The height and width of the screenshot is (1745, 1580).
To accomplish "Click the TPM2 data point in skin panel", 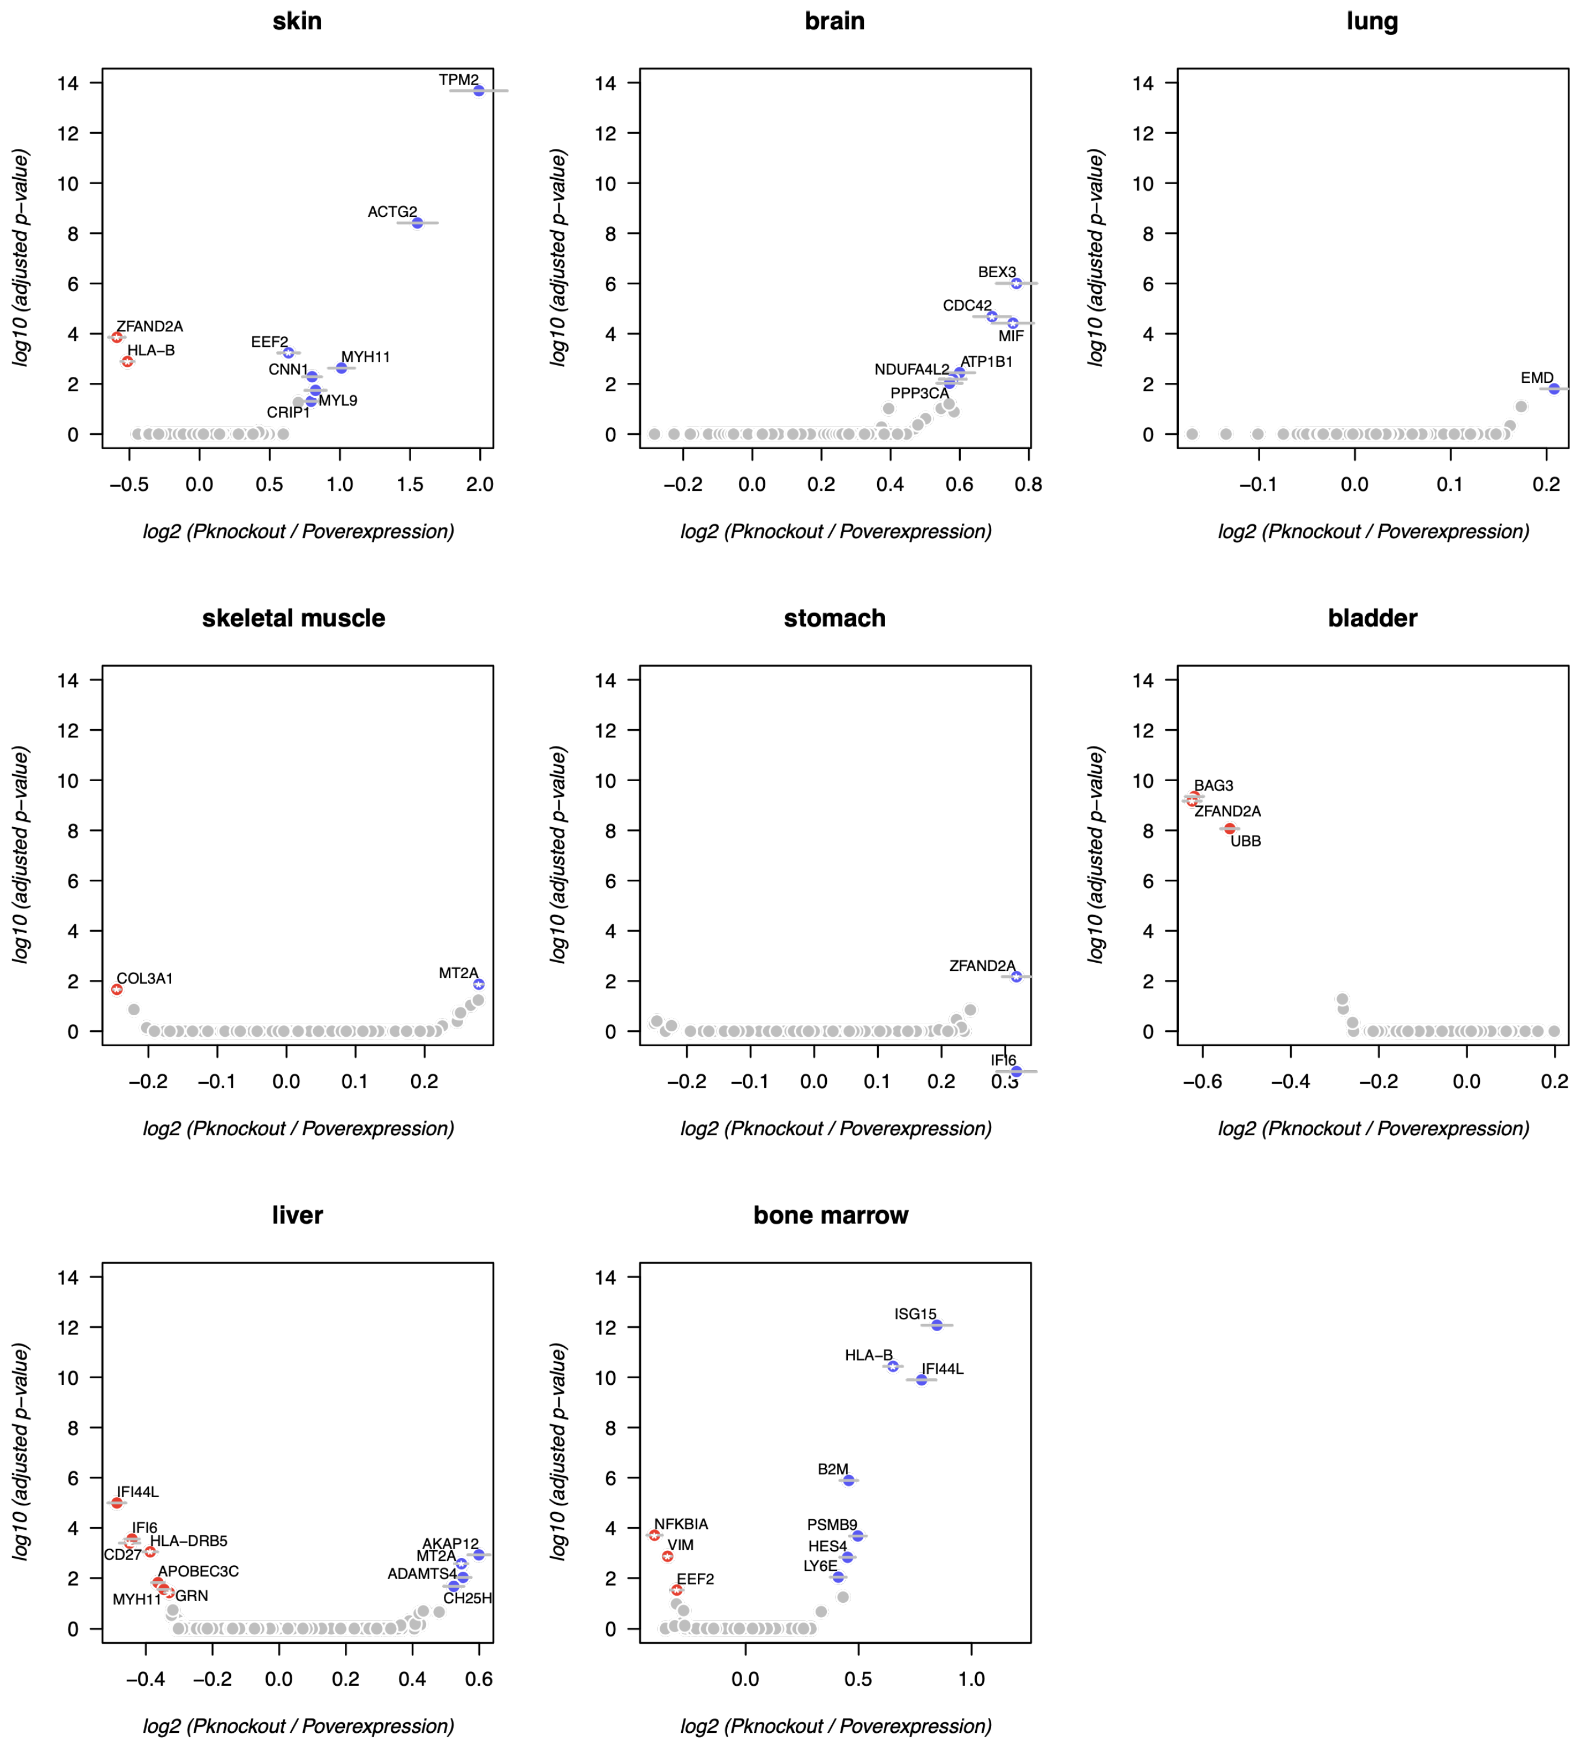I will pyautogui.click(x=479, y=90).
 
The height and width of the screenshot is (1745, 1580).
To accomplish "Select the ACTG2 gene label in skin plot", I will pyautogui.click(x=392, y=211).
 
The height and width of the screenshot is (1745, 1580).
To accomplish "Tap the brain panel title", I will pyautogui.click(x=834, y=21).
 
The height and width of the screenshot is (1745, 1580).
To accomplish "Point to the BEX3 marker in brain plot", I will pyautogui.click(x=1017, y=283).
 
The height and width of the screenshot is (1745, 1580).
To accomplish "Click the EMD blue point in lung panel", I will pyautogui.click(x=1554, y=388).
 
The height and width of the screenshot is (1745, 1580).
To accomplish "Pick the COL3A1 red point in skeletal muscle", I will pyautogui.click(x=117, y=989).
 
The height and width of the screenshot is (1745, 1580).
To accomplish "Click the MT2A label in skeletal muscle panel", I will pyautogui.click(x=458, y=973).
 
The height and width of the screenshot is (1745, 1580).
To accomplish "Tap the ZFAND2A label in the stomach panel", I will pyautogui.click(x=982, y=965).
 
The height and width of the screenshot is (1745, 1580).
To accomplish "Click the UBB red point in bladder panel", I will pyautogui.click(x=1229, y=828).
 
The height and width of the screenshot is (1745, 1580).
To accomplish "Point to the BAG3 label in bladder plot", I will pyautogui.click(x=1214, y=785).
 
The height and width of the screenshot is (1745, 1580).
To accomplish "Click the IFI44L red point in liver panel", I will pyautogui.click(x=117, y=1503).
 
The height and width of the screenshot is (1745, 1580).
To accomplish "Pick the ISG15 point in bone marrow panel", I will pyautogui.click(x=937, y=1325).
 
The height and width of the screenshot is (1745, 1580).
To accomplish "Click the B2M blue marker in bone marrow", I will pyautogui.click(x=848, y=1480).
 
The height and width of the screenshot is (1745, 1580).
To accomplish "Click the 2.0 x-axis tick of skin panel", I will pyautogui.click(x=480, y=485).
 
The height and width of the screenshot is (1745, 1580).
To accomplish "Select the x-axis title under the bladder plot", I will pyautogui.click(x=1373, y=1129).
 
